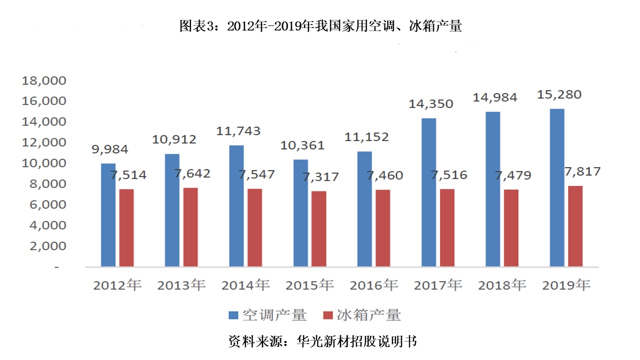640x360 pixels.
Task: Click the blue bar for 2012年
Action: (108, 215)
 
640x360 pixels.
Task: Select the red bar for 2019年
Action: (575, 226)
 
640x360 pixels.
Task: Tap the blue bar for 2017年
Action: (428, 192)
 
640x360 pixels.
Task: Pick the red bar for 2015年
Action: (319, 228)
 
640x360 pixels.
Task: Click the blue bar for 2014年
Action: (236, 205)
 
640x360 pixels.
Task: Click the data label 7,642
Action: (192, 174)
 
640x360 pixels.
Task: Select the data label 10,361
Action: (302, 145)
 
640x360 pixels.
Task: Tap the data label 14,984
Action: (494, 97)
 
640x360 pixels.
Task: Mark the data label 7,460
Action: (384, 175)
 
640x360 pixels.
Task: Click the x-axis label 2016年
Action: (373, 285)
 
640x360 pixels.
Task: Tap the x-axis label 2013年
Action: (181, 285)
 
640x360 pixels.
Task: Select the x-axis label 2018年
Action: (502, 285)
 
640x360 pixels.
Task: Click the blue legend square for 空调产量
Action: (233, 315)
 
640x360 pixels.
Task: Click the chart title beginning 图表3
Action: (320, 26)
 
